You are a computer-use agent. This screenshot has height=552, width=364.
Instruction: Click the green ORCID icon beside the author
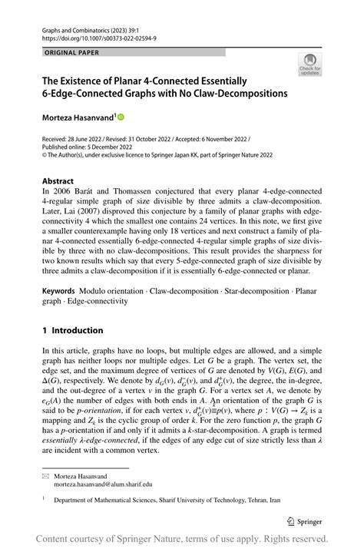click(x=121, y=117)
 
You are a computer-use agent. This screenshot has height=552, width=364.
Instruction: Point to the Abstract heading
click(x=58, y=182)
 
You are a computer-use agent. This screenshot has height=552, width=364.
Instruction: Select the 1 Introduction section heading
click(x=73, y=331)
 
